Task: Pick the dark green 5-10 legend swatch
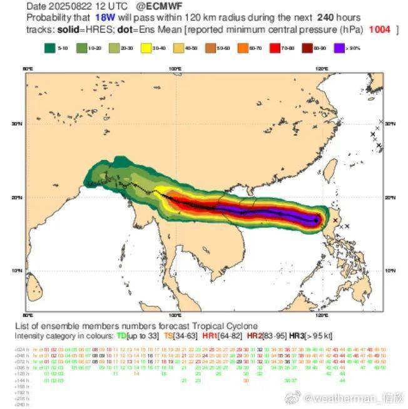pyautogui.click(x=50, y=48)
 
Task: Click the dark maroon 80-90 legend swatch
pyautogui.click(x=309, y=48)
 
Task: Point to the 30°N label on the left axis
pyautogui.click(x=17, y=124)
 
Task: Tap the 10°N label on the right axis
pyautogui.click(x=390, y=271)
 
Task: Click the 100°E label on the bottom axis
pyautogui.click(x=175, y=315)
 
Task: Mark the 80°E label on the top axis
pyautogui.click(x=28, y=69)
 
